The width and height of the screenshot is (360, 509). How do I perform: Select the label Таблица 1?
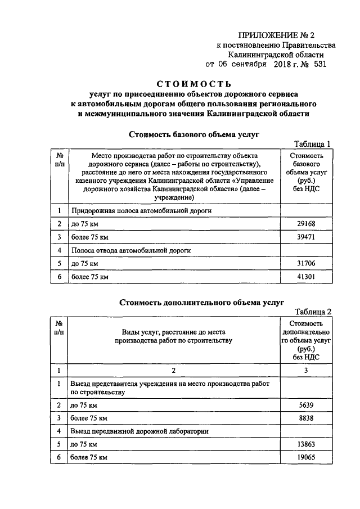coord(314,143)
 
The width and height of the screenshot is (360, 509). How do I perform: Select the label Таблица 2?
coord(314,312)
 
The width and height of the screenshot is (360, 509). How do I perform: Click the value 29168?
coord(306,224)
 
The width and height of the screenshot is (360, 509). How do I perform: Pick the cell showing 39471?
coord(306,237)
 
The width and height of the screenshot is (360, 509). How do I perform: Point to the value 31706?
coord(306,263)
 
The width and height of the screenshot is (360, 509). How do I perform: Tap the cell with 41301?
coord(306,277)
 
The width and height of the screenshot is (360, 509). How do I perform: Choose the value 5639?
coord(306,405)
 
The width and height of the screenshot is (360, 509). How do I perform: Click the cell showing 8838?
coord(306,418)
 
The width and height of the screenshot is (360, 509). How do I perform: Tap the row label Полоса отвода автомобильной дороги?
coord(131,250)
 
